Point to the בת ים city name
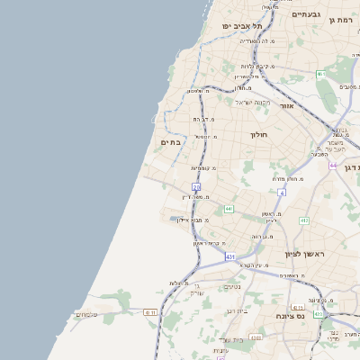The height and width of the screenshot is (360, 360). (170, 142)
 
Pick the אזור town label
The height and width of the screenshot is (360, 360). (287, 105)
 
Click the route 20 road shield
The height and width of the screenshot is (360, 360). (196, 186)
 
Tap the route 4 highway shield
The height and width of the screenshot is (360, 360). (282, 193)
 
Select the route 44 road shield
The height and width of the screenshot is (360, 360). (332, 166)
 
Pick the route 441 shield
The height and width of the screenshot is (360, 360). (229, 209)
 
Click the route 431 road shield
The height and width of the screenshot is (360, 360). (230, 256)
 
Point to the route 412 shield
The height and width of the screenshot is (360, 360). (304, 220)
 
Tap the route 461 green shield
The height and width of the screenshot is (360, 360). (319, 74)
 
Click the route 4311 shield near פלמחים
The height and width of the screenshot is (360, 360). (150, 312)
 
